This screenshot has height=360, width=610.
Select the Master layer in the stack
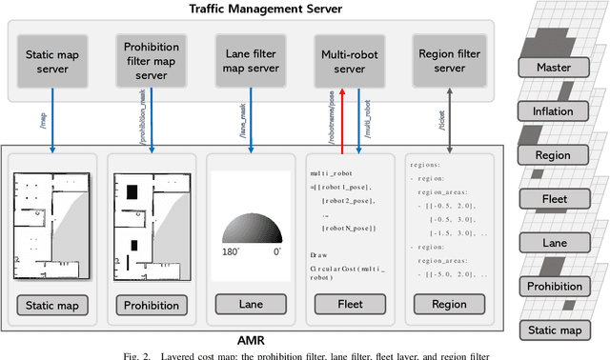[553, 69]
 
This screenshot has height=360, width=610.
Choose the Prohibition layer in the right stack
[553, 286]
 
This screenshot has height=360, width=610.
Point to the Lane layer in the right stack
[553, 242]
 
